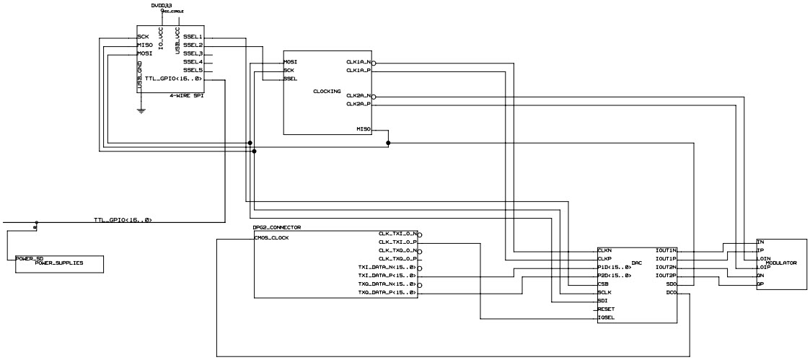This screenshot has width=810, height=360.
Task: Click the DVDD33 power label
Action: [162, 5]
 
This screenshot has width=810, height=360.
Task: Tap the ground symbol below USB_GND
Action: [141, 110]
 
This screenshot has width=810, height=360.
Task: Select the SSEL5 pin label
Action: [193, 70]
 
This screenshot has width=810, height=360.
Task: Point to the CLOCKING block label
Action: [327, 92]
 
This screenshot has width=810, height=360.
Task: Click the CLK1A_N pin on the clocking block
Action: [358, 62]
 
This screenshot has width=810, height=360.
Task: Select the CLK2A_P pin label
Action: [358, 104]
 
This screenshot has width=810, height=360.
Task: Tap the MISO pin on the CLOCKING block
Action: [364, 129]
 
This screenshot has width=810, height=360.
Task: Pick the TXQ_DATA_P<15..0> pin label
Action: [387, 292]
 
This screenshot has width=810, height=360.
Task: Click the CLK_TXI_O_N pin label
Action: [397, 234]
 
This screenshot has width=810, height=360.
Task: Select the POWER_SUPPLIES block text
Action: [58, 263]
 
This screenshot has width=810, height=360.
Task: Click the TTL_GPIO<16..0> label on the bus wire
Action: [123, 219]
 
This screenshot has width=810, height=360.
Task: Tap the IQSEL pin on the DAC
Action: [606, 317]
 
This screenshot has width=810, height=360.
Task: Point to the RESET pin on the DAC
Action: [607, 309]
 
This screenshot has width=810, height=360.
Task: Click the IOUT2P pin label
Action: [665, 276]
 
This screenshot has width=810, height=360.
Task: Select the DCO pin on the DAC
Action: [670, 292]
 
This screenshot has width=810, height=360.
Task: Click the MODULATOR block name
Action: [780, 263]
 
